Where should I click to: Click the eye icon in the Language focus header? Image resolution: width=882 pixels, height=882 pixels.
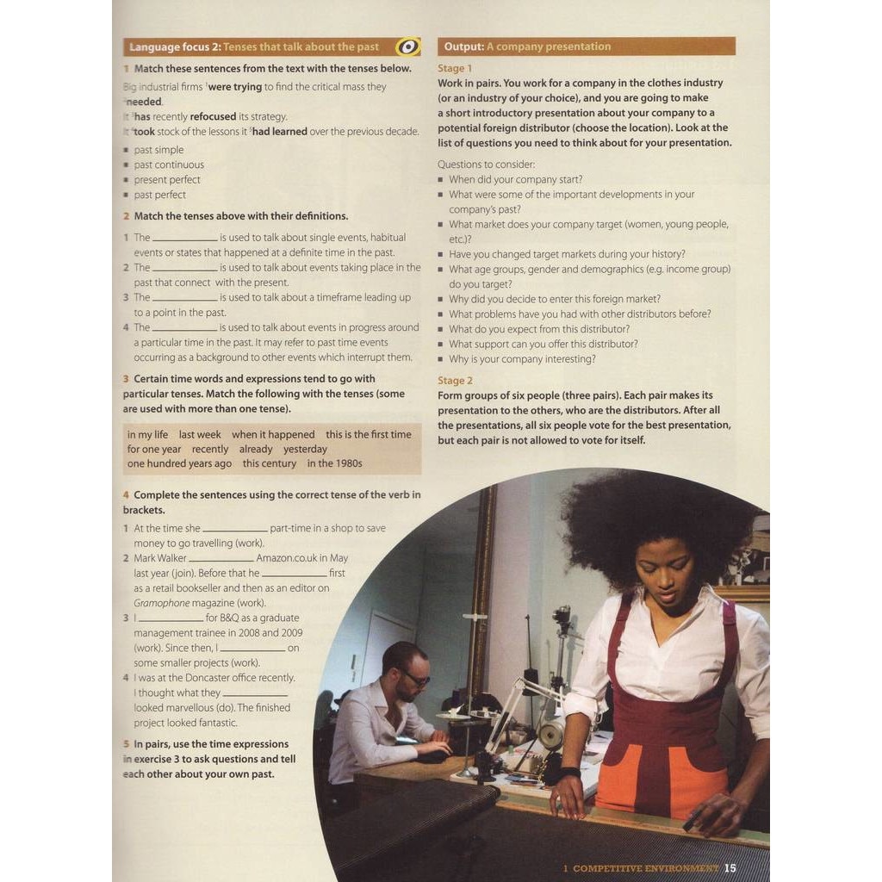pyautogui.click(x=407, y=47)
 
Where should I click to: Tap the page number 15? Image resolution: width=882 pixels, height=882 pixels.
pyautogui.click(x=730, y=868)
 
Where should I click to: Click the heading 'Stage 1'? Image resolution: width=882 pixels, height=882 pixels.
pyautogui.click(x=455, y=68)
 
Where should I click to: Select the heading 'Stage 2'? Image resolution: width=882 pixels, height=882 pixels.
pyautogui.click(x=455, y=381)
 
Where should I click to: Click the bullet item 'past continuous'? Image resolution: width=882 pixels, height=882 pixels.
pyautogui.click(x=169, y=165)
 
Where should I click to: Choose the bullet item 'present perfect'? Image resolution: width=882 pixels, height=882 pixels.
pyautogui.click(x=167, y=179)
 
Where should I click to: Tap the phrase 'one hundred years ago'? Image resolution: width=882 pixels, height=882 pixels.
pyautogui.click(x=179, y=463)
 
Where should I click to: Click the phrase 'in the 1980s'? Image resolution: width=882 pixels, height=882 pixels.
pyautogui.click(x=334, y=463)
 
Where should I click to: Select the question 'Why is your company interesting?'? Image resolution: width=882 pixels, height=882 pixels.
pyautogui.click(x=522, y=359)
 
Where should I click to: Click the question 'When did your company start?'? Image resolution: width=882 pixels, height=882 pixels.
pyautogui.click(x=515, y=179)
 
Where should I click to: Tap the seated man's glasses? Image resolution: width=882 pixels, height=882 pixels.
pyautogui.click(x=415, y=680)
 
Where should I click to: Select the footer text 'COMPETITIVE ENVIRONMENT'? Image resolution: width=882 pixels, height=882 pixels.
pyautogui.click(x=645, y=868)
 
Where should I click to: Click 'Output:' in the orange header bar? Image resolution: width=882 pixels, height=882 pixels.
pyautogui.click(x=463, y=47)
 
